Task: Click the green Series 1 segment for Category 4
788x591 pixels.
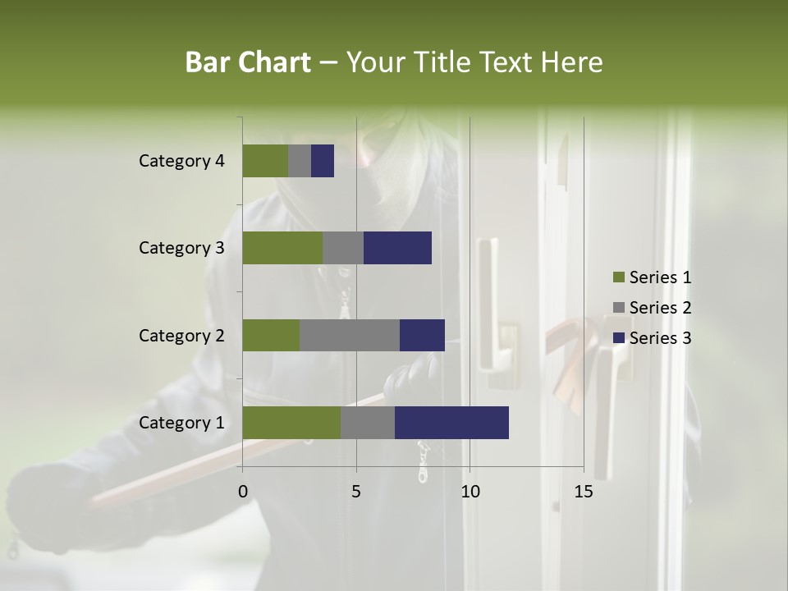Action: tap(265, 161)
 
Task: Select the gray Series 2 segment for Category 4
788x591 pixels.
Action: tap(300, 161)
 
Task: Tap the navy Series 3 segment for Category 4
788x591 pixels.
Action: tap(323, 161)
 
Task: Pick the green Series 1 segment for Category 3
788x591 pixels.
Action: tap(282, 248)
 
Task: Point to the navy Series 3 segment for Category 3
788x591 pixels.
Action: tap(397, 248)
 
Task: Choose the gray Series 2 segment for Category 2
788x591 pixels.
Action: tap(350, 335)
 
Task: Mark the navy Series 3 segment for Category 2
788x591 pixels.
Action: tap(422, 335)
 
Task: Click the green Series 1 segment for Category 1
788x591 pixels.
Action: tap(291, 423)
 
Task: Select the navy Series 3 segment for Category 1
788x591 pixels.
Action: tap(451, 423)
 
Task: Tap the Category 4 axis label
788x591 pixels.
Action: tap(181, 161)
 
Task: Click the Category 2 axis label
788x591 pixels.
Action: tap(181, 335)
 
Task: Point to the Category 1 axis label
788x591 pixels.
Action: tap(181, 423)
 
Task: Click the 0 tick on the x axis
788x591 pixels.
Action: tap(243, 492)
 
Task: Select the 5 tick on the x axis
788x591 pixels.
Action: tap(356, 492)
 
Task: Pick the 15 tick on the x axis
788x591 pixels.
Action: tap(584, 492)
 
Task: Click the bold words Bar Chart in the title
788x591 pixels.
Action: tap(248, 62)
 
